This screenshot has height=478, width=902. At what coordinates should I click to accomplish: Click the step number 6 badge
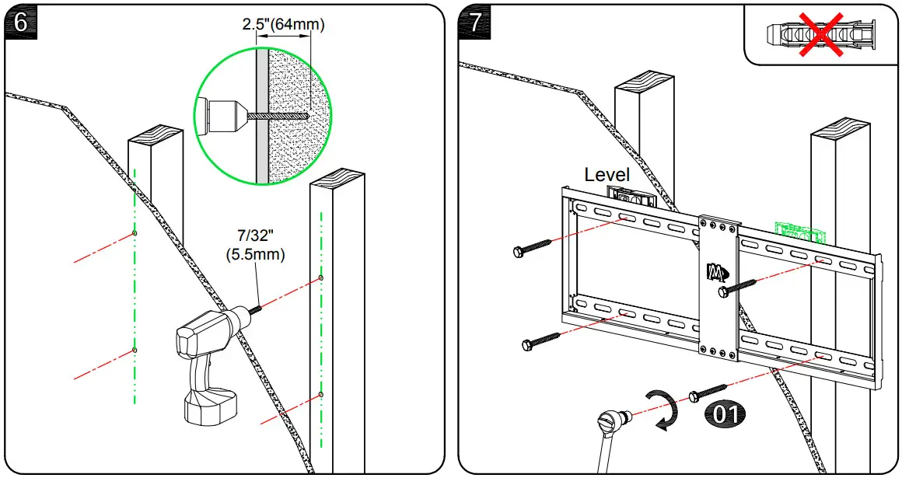(x=20, y=21)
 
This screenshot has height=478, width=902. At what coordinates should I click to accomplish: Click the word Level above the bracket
(x=607, y=175)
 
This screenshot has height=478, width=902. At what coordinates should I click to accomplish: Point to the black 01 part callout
(x=723, y=413)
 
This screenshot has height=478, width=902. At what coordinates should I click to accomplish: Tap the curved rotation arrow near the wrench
(x=662, y=410)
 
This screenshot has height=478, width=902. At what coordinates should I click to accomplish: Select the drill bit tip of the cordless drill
(x=257, y=309)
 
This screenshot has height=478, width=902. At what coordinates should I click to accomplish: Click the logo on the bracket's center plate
(x=716, y=272)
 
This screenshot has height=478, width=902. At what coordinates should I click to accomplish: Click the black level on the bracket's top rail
(x=630, y=197)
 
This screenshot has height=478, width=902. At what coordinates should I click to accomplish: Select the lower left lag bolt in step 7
(x=541, y=340)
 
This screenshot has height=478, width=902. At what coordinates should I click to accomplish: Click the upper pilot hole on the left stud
(x=135, y=233)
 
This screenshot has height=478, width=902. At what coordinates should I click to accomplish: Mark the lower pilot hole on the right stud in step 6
(x=320, y=396)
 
